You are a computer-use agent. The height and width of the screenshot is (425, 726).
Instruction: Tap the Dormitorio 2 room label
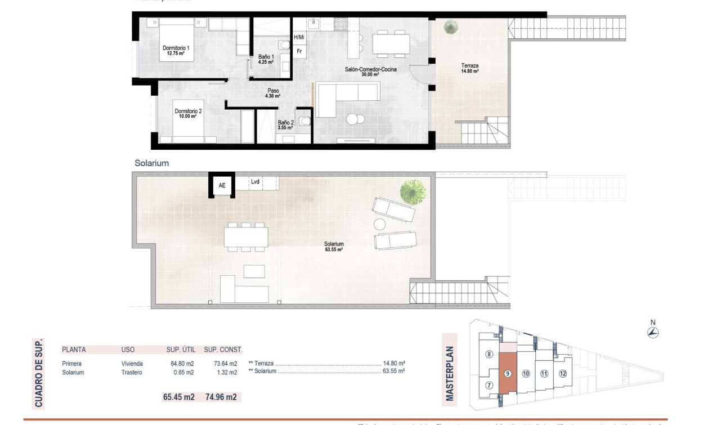[x=188, y=114]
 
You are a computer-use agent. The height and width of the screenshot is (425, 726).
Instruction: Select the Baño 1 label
[x=266, y=59]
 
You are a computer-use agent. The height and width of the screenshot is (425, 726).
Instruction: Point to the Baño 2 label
[x=285, y=125]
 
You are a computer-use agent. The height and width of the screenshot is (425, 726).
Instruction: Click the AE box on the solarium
[x=222, y=185]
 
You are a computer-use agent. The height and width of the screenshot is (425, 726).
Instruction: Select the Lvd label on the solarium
[x=255, y=182]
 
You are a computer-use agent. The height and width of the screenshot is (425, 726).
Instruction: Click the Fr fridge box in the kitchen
[x=299, y=51]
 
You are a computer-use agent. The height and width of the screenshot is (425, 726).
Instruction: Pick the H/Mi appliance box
[x=299, y=37]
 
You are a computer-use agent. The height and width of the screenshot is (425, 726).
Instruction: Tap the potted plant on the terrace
[x=450, y=26]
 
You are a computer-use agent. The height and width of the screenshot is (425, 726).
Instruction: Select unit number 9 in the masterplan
[x=508, y=373]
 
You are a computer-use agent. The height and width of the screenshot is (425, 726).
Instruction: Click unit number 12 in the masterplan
[x=562, y=373]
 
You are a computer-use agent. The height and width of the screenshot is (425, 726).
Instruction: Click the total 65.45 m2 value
[x=178, y=397]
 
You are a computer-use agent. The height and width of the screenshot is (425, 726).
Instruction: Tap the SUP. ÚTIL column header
[x=180, y=350]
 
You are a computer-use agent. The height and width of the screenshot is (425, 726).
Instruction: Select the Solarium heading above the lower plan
[x=151, y=163]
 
